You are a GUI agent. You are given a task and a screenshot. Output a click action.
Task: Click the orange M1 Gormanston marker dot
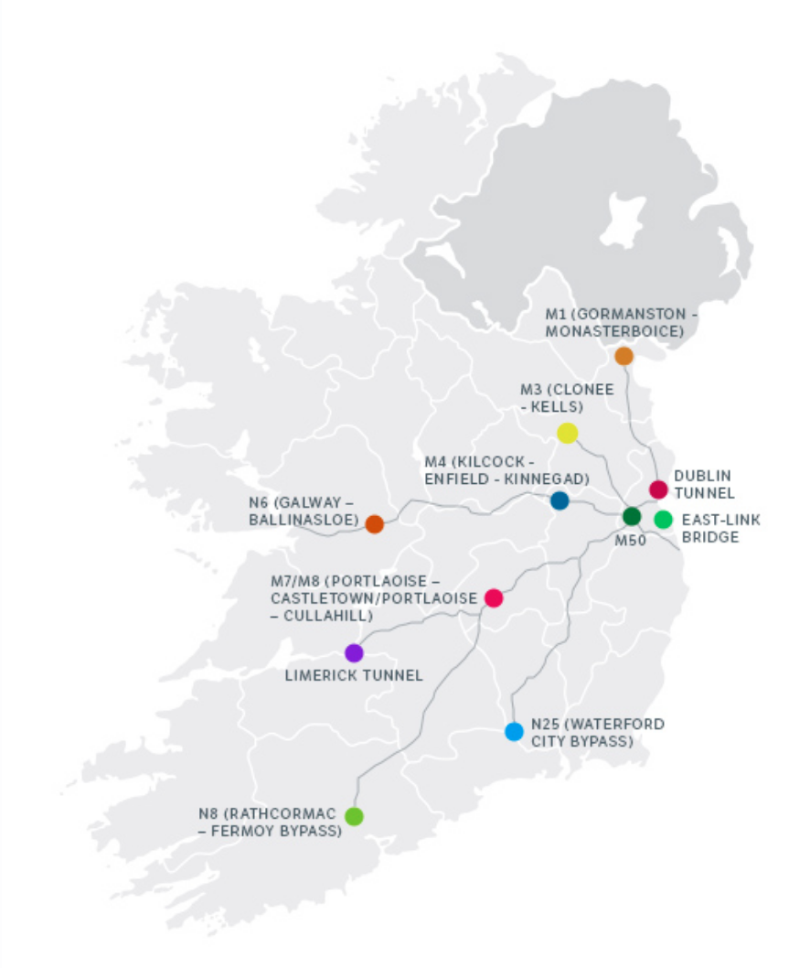(x=623, y=356)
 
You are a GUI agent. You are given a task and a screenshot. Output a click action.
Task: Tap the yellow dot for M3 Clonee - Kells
(x=567, y=433)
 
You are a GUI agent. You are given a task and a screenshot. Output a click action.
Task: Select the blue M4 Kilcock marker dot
(x=560, y=500)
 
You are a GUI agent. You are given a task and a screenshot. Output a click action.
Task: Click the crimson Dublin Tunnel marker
(x=658, y=489)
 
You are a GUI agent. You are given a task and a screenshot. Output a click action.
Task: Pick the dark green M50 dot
(x=632, y=516)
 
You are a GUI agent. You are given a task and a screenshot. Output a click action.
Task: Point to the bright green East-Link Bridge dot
(x=664, y=519)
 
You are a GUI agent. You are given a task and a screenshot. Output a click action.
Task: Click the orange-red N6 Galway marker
(x=374, y=524)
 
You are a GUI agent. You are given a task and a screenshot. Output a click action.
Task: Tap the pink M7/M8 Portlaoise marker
(x=494, y=597)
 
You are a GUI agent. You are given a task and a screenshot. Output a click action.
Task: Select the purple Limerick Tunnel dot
(x=354, y=653)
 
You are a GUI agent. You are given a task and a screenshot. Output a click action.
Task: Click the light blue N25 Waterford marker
(x=514, y=731)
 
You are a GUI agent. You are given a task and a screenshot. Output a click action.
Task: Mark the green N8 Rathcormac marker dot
(x=354, y=815)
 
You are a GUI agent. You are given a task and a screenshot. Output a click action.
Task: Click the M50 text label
(x=631, y=540)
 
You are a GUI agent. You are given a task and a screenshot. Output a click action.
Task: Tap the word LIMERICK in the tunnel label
(x=318, y=676)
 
